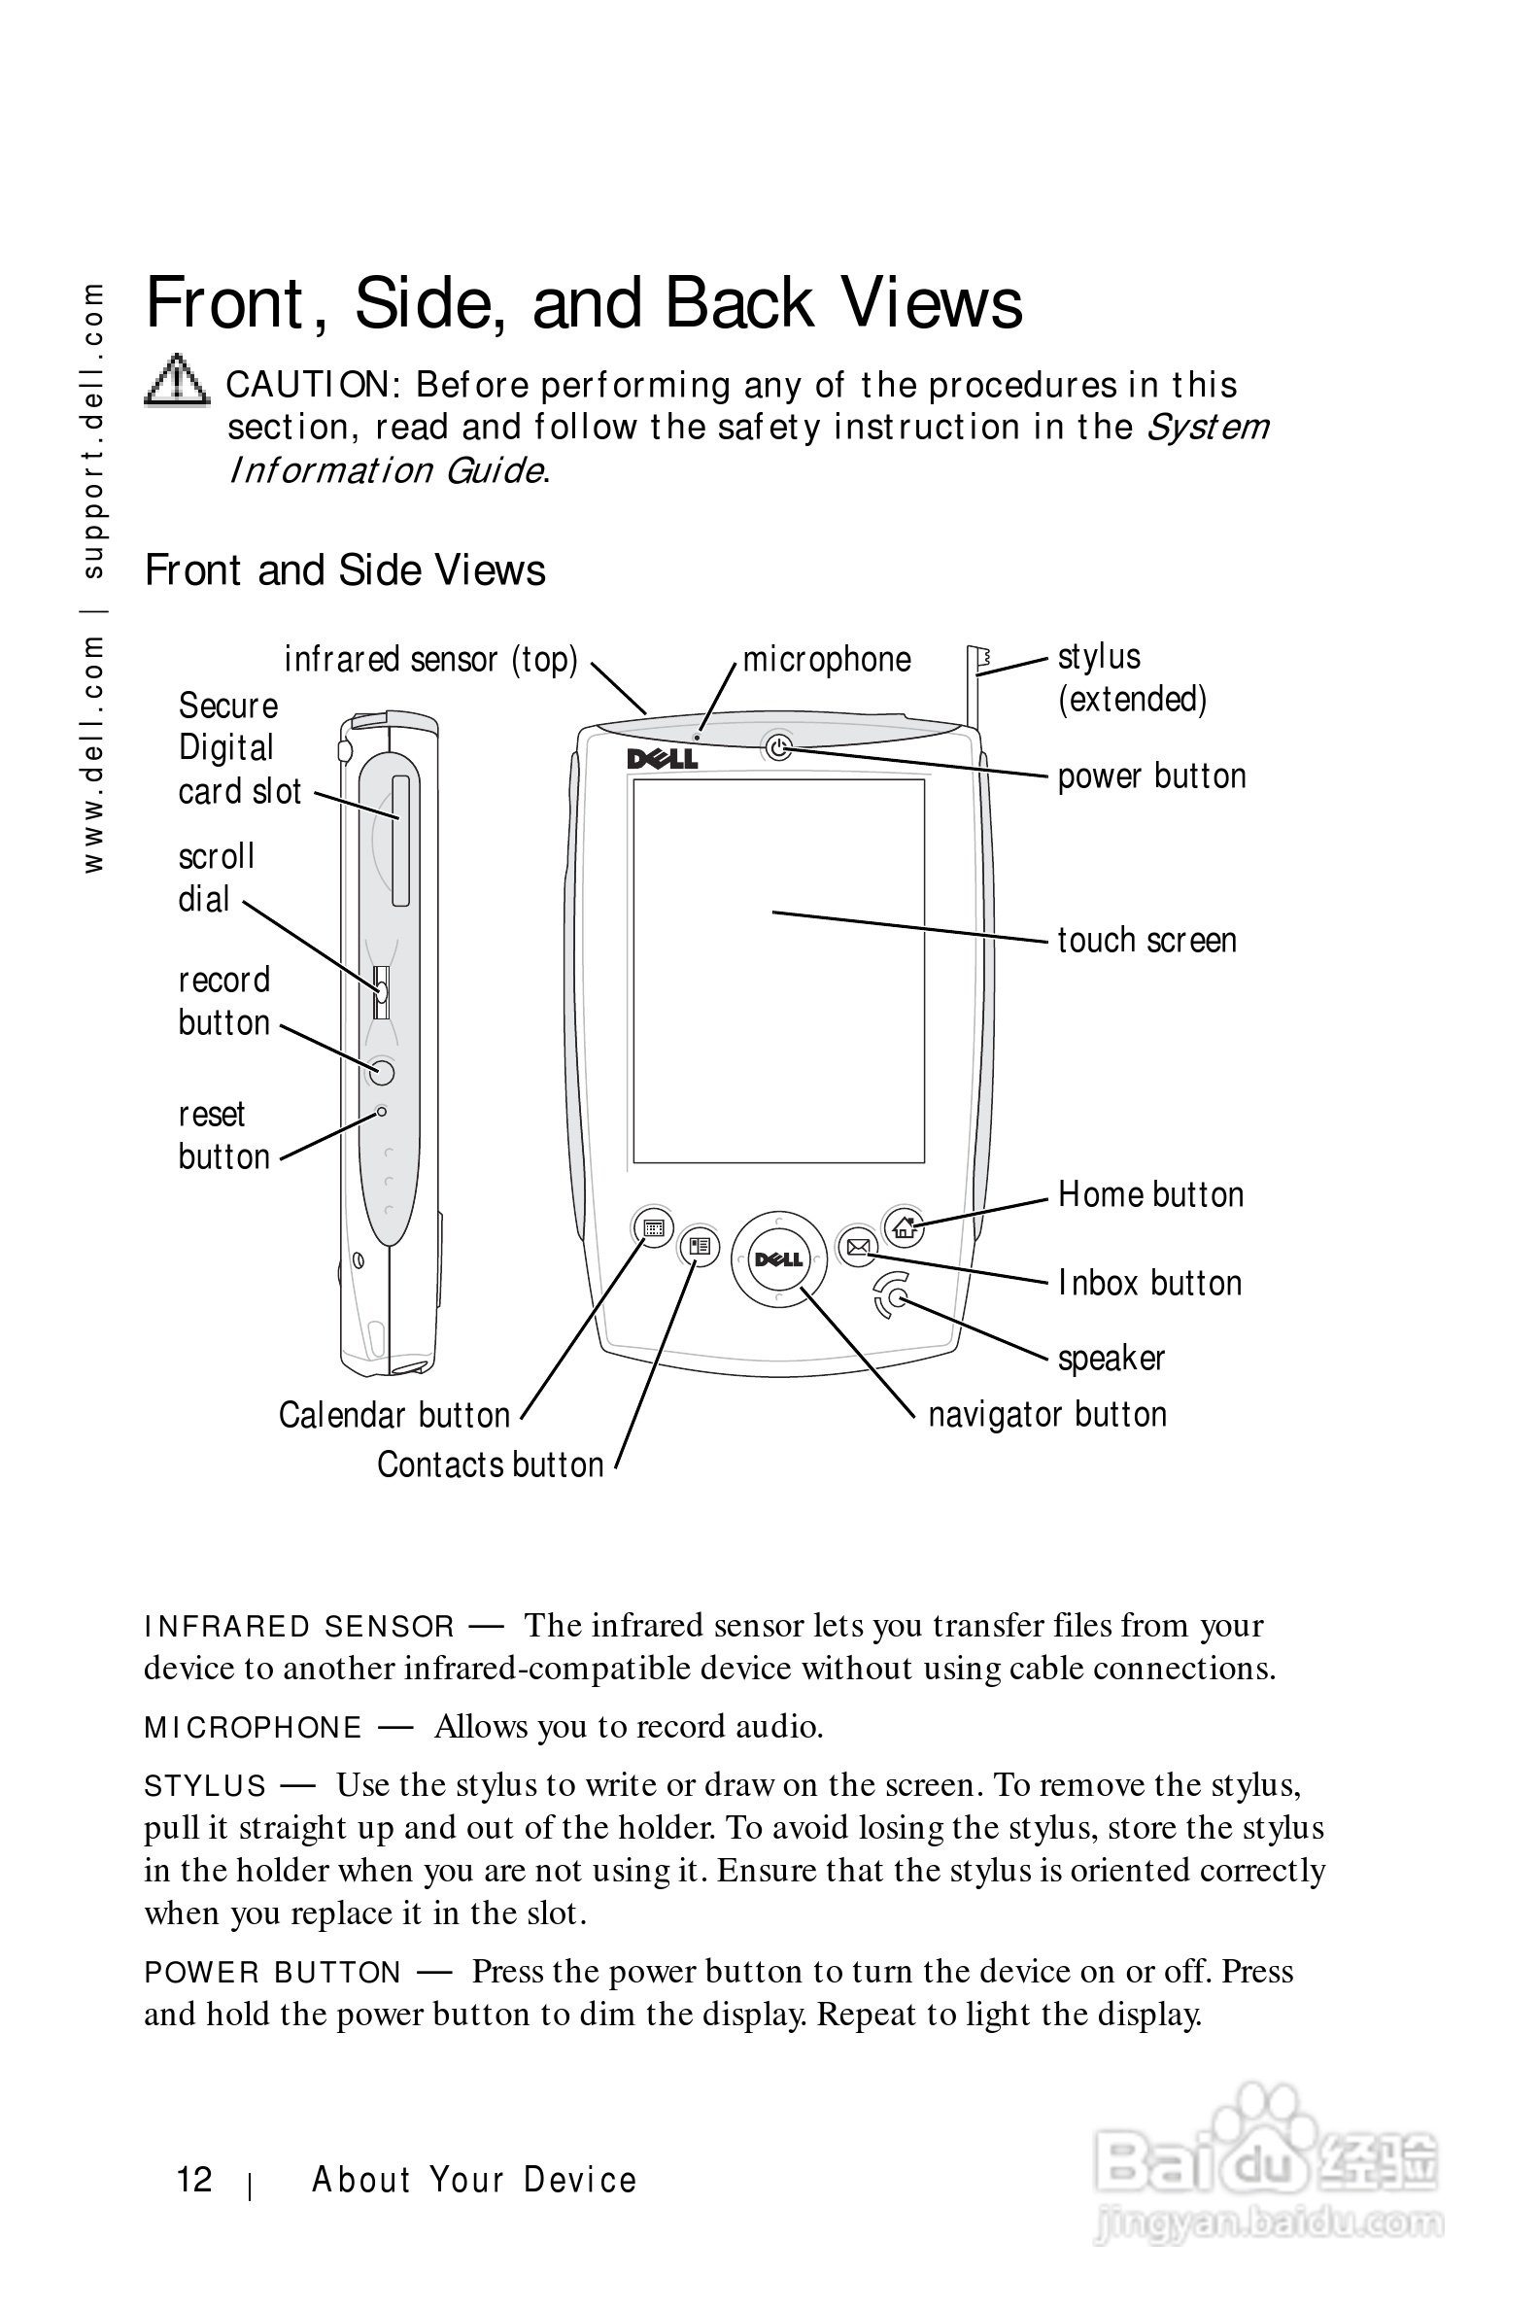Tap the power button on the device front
(777, 748)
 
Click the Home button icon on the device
(903, 1226)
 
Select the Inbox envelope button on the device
(858, 1247)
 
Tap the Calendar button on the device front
(654, 1227)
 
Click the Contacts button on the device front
(699, 1247)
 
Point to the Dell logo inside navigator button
(778, 1259)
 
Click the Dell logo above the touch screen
(663, 759)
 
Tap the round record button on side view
(382, 1071)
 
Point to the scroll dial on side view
(382, 991)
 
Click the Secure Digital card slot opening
(400, 842)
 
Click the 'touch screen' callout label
(1146, 941)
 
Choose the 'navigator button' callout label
(1047, 1415)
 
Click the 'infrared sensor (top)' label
(430, 660)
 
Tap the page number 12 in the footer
(194, 2180)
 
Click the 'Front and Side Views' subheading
(345, 570)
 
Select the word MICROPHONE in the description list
(254, 1728)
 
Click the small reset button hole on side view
(382, 1112)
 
